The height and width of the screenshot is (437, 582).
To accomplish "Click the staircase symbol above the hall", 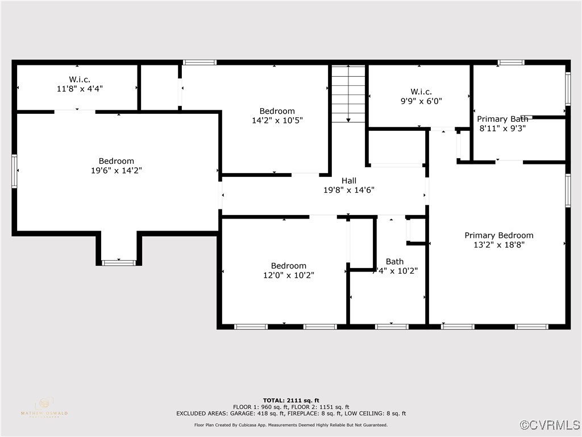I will click(x=348, y=93).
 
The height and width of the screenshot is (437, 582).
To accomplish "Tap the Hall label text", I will click(x=349, y=180).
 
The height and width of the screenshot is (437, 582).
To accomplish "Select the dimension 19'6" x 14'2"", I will click(x=117, y=171).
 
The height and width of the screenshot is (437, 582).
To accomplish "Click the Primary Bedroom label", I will click(x=499, y=235).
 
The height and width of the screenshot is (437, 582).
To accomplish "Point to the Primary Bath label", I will click(x=502, y=119).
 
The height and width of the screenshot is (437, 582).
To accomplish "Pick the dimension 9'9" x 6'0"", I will click(x=421, y=101).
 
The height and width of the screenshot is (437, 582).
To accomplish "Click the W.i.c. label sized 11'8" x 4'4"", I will click(x=80, y=79).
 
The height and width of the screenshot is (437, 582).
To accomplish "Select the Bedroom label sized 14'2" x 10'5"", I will click(x=277, y=111).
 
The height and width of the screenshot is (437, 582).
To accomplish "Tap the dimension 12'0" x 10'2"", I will click(x=288, y=275).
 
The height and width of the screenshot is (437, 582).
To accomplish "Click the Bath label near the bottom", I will click(x=394, y=262).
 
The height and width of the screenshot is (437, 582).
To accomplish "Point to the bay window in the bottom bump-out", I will click(x=119, y=262).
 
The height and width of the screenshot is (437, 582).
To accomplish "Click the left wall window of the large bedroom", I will click(x=15, y=171).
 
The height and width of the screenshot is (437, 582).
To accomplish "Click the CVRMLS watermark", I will click(x=550, y=425).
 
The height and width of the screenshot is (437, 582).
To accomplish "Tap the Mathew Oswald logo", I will click(x=44, y=407).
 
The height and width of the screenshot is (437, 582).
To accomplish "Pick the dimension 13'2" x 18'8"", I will click(x=499, y=245).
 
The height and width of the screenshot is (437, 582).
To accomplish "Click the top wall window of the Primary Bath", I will click(x=511, y=62).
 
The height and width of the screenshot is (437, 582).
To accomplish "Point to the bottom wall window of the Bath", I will click(x=392, y=327).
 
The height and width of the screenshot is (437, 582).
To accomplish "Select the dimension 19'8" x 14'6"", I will click(x=349, y=190).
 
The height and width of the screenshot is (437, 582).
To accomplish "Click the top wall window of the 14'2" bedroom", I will click(x=199, y=62).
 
